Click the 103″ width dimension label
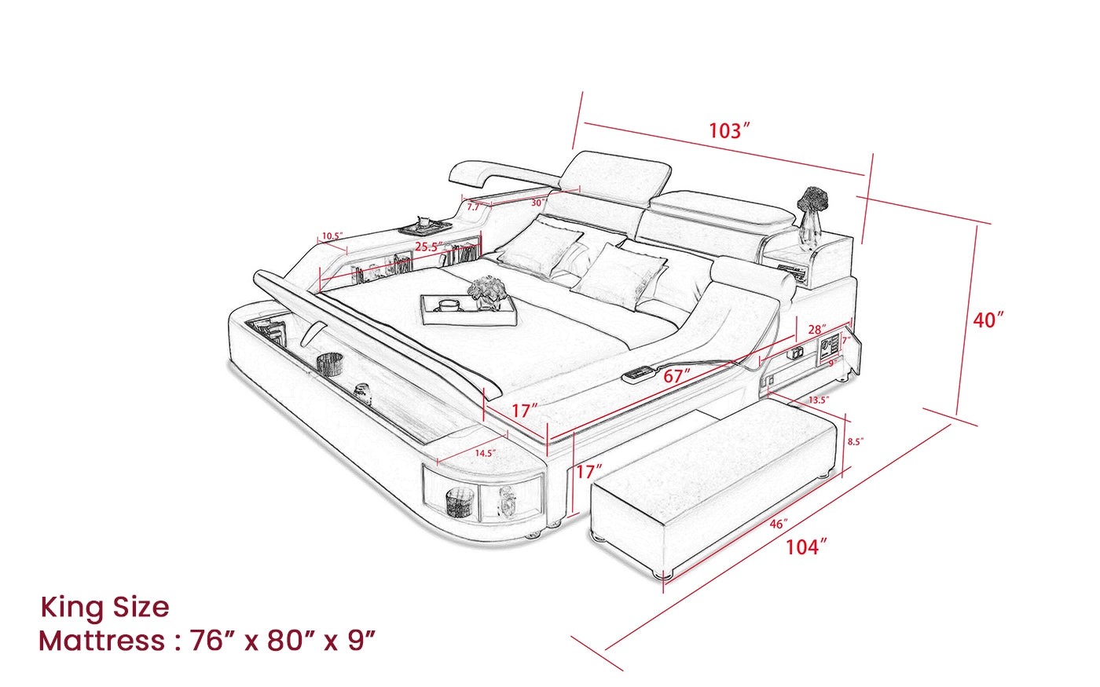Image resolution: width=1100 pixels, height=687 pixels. click(x=730, y=131)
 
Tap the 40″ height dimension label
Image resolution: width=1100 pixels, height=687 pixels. click(x=988, y=320)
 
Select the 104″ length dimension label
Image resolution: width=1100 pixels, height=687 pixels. click(x=806, y=547)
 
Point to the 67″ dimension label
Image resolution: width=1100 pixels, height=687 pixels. click(x=676, y=376)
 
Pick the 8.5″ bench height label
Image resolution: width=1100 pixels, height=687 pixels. click(x=856, y=441)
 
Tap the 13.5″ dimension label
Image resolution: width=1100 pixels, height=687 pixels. click(x=819, y=400)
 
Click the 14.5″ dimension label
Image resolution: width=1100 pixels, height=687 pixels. click(x=486, y=453)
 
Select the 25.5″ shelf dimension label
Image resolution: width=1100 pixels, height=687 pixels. click(x=429, y=247)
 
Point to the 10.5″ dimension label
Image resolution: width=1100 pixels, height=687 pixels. click(x=332, y=236)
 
